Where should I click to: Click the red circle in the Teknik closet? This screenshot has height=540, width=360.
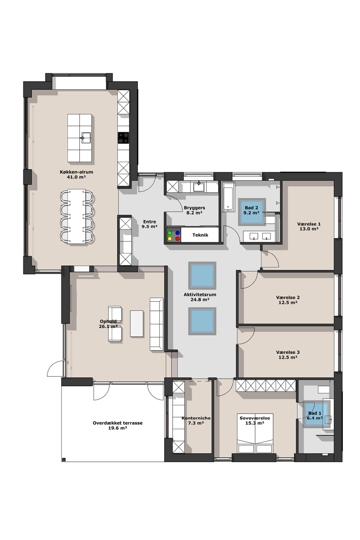[x=177, y=239]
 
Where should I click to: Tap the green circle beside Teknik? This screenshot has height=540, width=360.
[x=170, y=233]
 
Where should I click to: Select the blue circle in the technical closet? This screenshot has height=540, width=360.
[x=177, y=233]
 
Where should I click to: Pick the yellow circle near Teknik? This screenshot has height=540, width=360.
[x=170, y=239]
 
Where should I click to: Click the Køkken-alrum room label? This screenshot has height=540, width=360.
[x=76, y=172]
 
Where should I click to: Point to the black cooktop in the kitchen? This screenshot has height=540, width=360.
[x=123, y=138]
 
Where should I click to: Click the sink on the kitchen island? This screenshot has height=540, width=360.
[x=86, y=138]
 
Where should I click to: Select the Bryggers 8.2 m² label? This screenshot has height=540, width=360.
[x=194, y=210]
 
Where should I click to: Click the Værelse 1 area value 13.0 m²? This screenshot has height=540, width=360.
[x=309, y=229]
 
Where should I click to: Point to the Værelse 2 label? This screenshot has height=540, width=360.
[x=288, y=298]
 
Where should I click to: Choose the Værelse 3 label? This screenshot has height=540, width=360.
[x=288, y=352]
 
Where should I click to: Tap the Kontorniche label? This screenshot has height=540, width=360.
[x=196, y=418]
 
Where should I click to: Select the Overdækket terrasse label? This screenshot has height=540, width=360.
[x=118, y=423]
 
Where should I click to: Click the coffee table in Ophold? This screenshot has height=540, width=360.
[x=137, y=324]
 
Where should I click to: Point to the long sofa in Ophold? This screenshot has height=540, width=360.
[x=156, y=324]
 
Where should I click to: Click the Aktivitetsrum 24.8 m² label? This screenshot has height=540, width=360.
[x=200, y=297]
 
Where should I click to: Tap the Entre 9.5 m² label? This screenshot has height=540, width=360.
[x=149, y=224]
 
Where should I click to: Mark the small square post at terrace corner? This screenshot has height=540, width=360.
[x=64, y=460]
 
